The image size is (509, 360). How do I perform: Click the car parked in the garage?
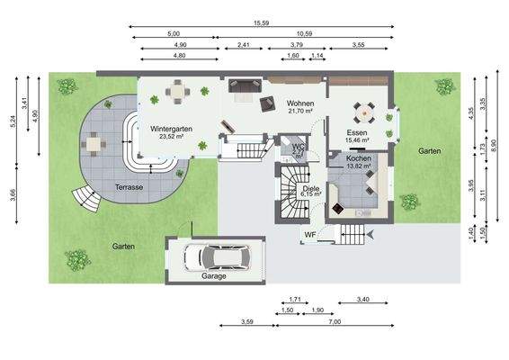[215, 256]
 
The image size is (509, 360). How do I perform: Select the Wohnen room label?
[299, 104]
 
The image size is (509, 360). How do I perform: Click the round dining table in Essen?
[364, 113]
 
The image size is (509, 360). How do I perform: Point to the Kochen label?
[358, 158]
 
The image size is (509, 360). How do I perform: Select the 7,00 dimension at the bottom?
[335, 322]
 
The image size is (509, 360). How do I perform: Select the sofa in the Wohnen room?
[246, 86]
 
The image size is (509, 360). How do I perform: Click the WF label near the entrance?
[308, 236]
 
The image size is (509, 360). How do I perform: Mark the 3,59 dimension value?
[246, 322]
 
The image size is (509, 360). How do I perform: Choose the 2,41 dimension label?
[244, 44]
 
